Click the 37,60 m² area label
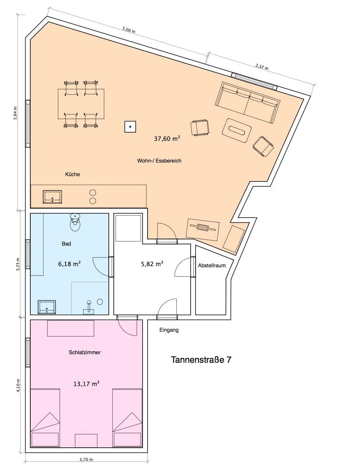click(167, 139)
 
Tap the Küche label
click(72, 174)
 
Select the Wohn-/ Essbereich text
click(159, 161)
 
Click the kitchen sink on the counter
click(52, 197)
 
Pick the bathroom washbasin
click(47, 307)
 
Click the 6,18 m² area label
click(69, 263)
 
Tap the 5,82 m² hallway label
click(152, 264)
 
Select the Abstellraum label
click(212, 265)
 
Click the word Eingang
click(169, 330)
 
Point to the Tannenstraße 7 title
click(201, 360)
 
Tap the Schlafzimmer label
click(85, 352)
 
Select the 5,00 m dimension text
click(129, 30)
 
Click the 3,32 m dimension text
click(262, 66)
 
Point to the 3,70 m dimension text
click(86, 459)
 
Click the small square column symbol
click(130, 126)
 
